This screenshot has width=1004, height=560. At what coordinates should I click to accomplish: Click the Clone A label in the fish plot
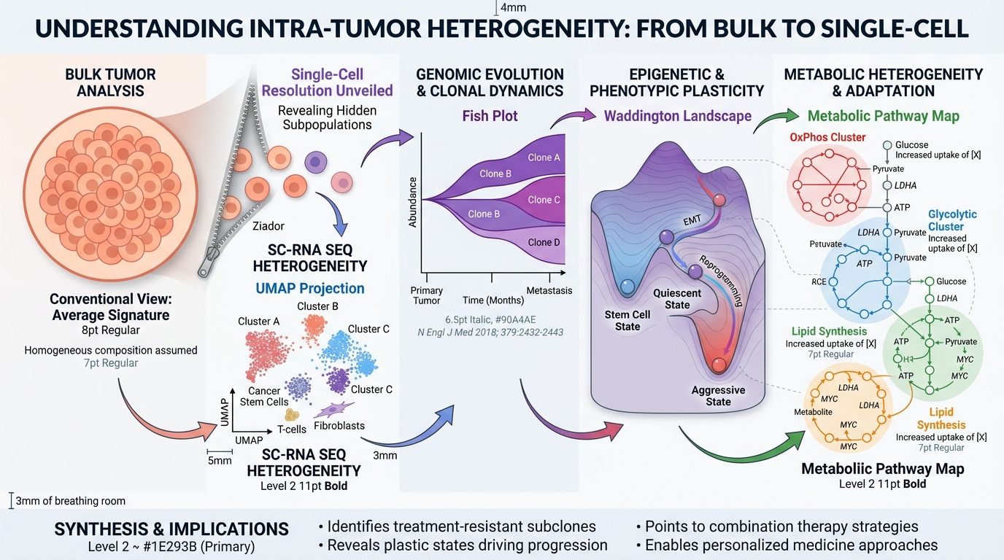[544, 157]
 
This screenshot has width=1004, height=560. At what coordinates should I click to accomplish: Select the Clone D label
[544, 242]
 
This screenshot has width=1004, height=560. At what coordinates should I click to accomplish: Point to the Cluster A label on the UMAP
[259, 322]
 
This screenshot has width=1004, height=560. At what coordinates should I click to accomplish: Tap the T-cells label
[293, 429]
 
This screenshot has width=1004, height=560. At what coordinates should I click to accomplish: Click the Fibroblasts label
[339, 426]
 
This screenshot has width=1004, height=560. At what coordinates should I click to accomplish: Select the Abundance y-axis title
[413, 202]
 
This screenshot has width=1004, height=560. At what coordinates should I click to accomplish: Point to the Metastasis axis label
[549, 291]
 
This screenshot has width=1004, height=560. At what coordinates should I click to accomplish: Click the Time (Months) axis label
[493, 300]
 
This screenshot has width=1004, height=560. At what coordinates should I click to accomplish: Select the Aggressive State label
[718, 396]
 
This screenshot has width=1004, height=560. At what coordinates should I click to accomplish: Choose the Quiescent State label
[677, 299]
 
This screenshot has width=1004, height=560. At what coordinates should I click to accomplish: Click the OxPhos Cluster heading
[827, 137]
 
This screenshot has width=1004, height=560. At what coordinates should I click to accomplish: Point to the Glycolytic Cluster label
[952, 221]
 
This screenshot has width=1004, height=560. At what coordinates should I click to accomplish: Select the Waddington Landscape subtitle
[677, 115]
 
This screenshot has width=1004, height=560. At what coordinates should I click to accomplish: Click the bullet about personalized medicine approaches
[787, 545]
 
